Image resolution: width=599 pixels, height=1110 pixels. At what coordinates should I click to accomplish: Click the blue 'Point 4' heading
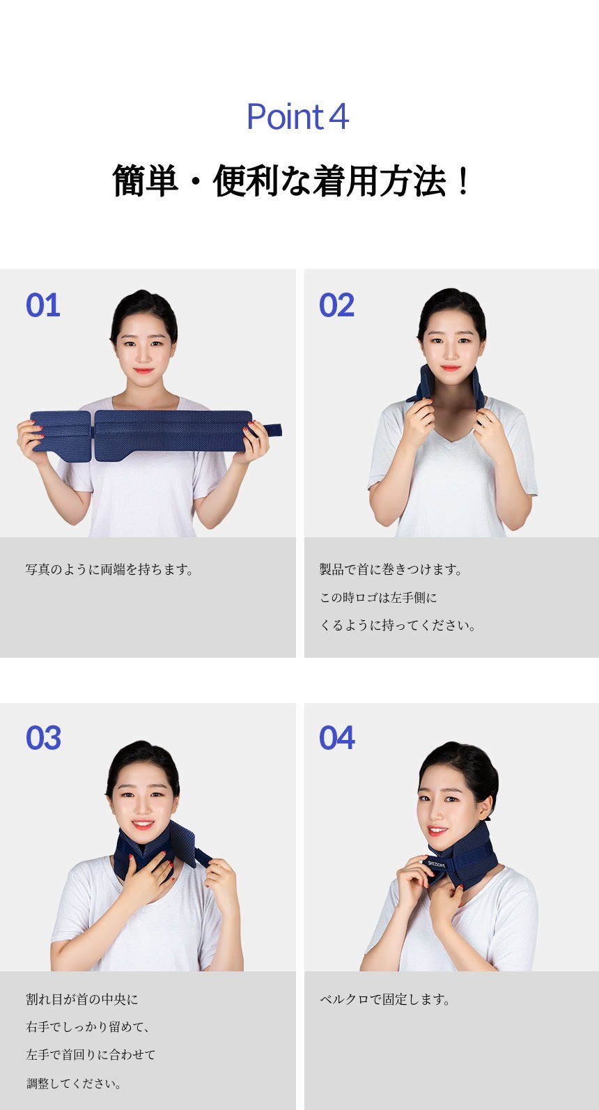tap(298, 117)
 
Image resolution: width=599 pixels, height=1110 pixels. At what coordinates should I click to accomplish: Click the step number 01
tap(43, 305)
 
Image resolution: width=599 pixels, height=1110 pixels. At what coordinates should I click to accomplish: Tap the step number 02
tap(336, 305)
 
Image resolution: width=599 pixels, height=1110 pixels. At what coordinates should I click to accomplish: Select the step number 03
tap(44, 738)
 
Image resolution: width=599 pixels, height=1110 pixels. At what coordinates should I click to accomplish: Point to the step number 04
tap(337, 738)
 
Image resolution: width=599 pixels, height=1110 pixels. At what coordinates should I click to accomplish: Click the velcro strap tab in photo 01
tap(270, 430)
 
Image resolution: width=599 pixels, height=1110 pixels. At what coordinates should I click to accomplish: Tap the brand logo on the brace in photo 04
tap(436, 864)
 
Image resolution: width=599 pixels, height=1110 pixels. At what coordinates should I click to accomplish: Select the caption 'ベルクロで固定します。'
tap(385, 999)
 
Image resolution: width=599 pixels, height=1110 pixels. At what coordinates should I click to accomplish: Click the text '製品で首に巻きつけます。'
tap(391, 569)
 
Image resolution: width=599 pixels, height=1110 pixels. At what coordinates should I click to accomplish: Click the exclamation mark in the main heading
tap(463, 181)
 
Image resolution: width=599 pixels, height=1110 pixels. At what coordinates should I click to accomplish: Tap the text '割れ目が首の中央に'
tap(82, 999)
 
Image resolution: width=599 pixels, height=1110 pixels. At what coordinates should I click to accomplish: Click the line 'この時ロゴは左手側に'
tap(378, 598)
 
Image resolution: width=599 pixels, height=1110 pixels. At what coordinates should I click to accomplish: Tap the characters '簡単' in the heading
tap(145, 181)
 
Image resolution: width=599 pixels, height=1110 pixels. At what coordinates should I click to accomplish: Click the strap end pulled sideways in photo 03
tap(203, 856)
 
